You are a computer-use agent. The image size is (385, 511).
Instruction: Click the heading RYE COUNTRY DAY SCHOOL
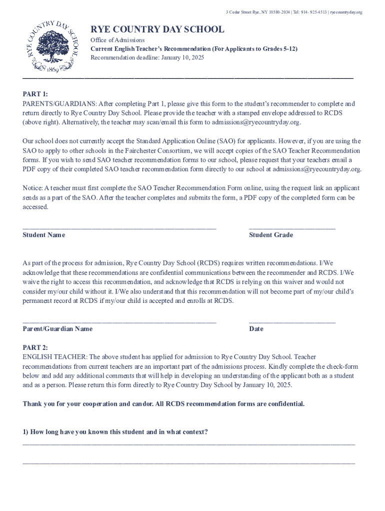point(157,29)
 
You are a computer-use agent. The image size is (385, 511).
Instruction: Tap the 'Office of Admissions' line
point(117,40)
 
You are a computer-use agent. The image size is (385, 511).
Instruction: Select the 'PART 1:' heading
point(35,94)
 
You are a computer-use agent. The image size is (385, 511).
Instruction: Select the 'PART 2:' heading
point(35,347)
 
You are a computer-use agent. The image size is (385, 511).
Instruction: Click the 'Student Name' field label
point(44,235)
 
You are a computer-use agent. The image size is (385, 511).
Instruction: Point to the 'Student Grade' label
point(271,235)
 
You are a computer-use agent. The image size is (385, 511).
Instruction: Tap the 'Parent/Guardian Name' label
point(57,329)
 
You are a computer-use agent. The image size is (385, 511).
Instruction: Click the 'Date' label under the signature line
point(256,329)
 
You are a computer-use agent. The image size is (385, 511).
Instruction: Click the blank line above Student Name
point(119,228)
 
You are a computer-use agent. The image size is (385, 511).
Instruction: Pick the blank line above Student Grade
point(292,228)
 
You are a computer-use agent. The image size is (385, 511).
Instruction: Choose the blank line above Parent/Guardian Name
point(119,321)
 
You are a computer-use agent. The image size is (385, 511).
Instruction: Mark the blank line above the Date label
point(292,321)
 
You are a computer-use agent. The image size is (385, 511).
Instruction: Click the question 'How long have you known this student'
point(115,432)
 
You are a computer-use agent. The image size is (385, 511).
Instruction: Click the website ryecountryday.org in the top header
point(346,12)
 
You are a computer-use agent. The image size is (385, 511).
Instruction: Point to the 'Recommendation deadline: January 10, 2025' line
point(147,58)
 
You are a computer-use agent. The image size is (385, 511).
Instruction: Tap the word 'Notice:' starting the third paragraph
point(32,188)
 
